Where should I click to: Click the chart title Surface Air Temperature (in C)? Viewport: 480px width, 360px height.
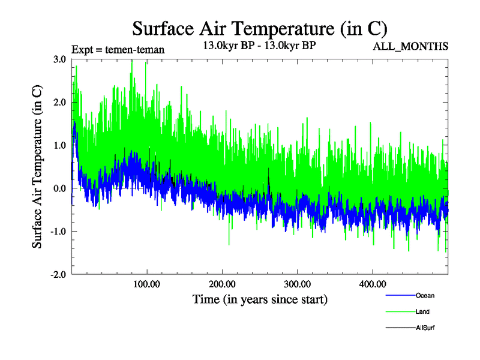259,28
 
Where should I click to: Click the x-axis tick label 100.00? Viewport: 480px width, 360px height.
146,284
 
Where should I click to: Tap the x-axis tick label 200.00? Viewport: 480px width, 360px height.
222,284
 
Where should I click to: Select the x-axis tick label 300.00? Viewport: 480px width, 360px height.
297,284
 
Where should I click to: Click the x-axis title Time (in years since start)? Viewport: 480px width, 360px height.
260,299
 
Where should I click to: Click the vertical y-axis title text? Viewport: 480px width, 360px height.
37,167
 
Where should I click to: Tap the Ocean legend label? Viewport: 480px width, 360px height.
425,296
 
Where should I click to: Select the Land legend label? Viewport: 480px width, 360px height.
422,312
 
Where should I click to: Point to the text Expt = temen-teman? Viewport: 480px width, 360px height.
118,49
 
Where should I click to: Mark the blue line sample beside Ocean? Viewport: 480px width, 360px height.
399,296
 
